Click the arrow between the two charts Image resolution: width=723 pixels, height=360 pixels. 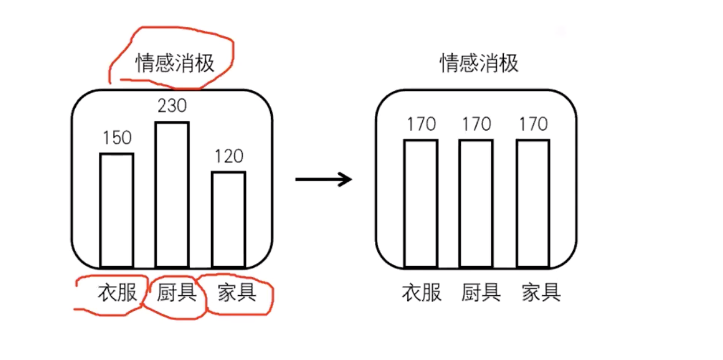click(x=323, y=179)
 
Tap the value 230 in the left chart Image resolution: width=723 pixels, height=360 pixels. click(x=172, y=105)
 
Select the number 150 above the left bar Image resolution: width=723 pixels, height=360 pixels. click(x=117, y=138)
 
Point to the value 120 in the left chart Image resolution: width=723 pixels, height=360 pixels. click(x=229, y=156)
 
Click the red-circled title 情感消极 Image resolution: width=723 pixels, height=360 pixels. click(x=175, y=63)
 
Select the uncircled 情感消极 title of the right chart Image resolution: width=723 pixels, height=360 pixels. click(x=479, y=63)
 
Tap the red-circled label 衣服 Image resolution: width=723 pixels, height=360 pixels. click(x=117, y=292)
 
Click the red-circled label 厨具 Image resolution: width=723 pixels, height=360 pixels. click(x=176, y=292)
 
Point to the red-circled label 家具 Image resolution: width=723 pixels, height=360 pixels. click(x=237, y=292)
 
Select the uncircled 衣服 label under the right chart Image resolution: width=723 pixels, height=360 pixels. click(x=422, y=292)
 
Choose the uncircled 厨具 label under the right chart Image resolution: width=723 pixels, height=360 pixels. click(x=481, y=292)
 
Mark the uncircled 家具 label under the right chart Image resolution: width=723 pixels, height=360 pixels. click(x=541, y=292)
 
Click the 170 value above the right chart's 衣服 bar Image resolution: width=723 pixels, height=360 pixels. click(x=422, y=124)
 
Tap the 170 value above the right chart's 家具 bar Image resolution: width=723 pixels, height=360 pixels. click(x=533, y=124)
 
